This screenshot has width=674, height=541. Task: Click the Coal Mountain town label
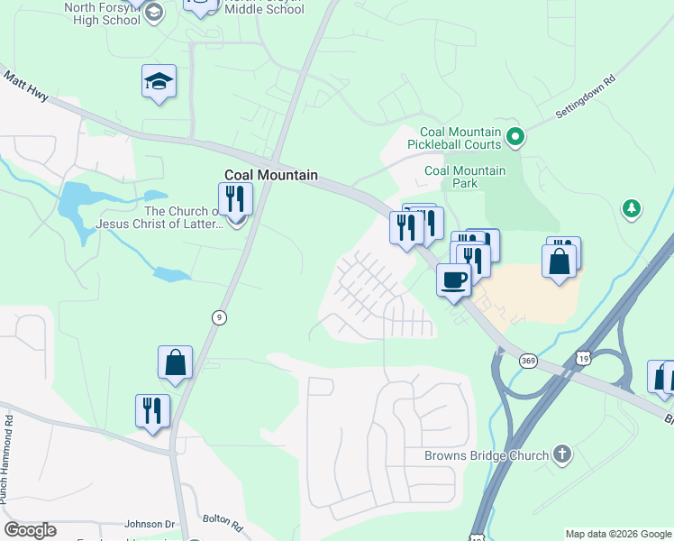[x=270, y=175]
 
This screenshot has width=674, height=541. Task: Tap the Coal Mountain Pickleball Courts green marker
[x=515, y=138]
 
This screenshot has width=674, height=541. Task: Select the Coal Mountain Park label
[x=465, y=177]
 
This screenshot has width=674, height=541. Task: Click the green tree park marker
[x=632, y=209]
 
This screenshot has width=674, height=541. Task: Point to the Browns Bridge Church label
[x=487, y=455]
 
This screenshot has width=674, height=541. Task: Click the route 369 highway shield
[x=529, y=361]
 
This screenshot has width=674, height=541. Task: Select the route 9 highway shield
[x=219, y=317]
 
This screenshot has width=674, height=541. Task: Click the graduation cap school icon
[x=159, y=82]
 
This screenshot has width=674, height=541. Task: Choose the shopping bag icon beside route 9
[x=175, y=362]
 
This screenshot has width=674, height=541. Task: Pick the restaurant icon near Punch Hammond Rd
[x=152, y=410]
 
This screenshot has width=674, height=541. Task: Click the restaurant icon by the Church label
[x=236, y=199]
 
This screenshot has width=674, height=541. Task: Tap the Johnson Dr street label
[x=150, y=524]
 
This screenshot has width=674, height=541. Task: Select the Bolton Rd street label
[x=223, y=522]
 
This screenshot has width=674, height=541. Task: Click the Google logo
[x=30, y=530]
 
